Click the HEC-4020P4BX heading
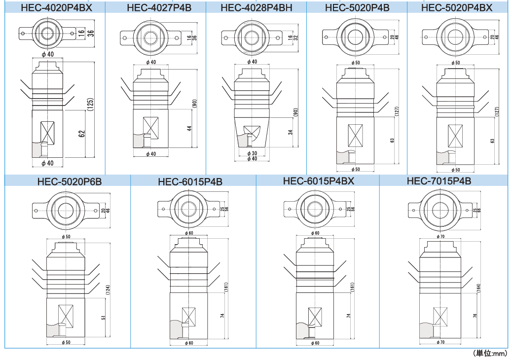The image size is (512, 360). [56, 7]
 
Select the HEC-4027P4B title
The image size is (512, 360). [156, 7]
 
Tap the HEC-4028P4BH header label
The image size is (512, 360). [256, 7]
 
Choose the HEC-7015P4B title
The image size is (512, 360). [439, 181]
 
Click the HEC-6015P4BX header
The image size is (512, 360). [319, 181]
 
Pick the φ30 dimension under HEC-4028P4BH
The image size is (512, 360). [252, 153]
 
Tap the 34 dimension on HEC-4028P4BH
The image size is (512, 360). [291, 132]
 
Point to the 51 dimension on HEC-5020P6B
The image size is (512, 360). [103, 318]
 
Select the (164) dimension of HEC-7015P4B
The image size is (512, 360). [479, 288]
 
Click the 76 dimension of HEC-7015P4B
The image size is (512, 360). [475, 316]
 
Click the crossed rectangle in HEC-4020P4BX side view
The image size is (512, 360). [48, 132]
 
